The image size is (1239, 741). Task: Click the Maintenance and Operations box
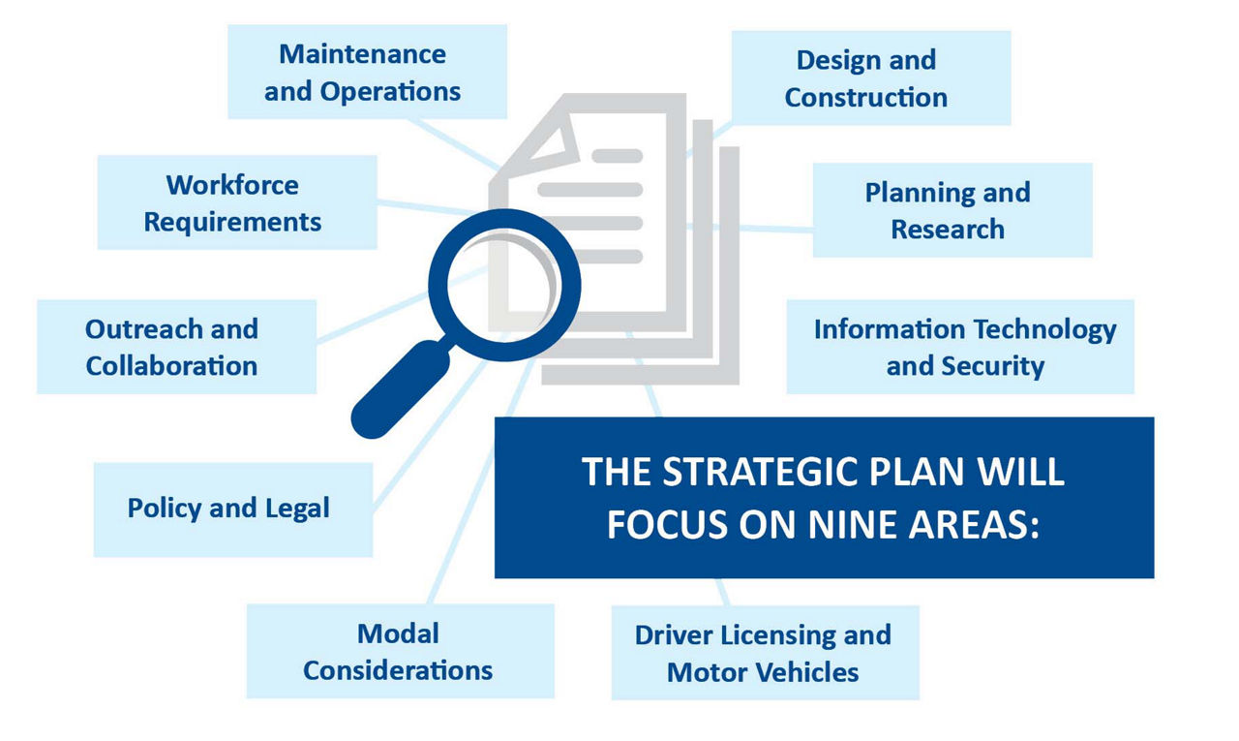(367, 72)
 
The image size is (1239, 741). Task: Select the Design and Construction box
(871, 77)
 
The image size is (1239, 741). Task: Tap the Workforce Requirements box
(237, 202)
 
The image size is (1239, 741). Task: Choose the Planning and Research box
(952, 210)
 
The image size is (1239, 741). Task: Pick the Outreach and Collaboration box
(176, 347)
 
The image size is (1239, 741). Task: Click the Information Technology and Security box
(960, 347)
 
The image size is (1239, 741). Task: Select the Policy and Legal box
(233, 509)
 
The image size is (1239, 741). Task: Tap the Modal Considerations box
(401, 651)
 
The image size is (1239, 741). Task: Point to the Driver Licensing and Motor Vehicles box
(766, 653)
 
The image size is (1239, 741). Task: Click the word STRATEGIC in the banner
(760, 472)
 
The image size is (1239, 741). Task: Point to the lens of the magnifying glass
(503, 285)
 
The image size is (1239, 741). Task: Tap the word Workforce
(232, 185)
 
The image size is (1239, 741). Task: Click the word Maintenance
(362, 54)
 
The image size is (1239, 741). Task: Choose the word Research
(948, 230)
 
